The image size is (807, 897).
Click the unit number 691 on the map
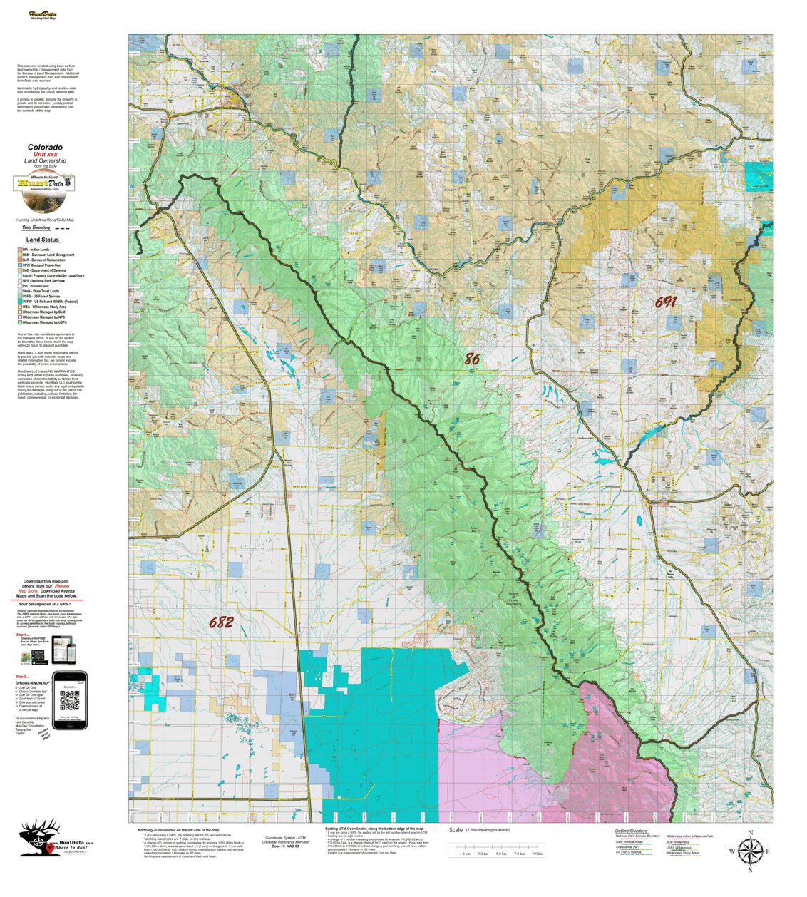665,302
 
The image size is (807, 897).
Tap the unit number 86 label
472,359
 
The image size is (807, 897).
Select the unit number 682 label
221,622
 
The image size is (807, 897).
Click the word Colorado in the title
45,147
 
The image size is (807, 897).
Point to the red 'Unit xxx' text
45,154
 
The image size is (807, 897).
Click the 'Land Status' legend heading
43,240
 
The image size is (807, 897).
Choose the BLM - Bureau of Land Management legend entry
48,255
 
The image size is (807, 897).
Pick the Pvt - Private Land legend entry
38,286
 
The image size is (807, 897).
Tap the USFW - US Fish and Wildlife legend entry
49,302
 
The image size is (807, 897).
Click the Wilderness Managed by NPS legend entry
46,317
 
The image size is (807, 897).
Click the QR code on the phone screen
70,701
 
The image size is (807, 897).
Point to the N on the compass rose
750,833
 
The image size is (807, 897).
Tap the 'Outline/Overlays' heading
631,831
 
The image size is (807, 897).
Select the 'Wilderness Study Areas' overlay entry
682,853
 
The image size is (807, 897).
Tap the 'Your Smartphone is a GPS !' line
48,604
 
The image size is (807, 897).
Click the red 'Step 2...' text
23,677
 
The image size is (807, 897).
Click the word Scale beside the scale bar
456,830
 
